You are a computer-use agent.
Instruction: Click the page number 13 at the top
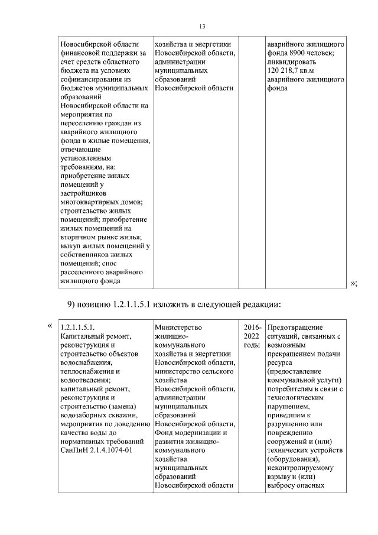click(202, 27)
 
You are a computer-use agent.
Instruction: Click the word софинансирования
click(90, 79)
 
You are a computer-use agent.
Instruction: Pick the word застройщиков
click(83, 193)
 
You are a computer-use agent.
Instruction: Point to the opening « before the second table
click(50, 326)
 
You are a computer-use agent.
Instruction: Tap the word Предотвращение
click(295, 327)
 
